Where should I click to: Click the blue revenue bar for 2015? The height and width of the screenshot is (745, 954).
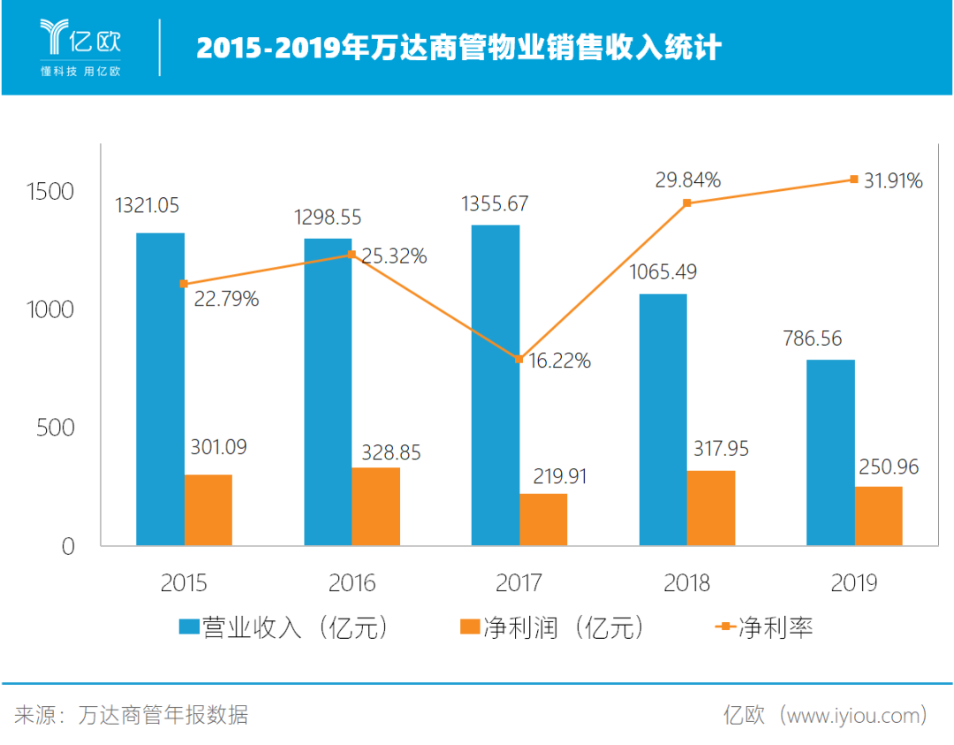click(x=160, y=389)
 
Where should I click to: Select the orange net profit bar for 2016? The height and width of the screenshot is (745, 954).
click(x=375, y=506)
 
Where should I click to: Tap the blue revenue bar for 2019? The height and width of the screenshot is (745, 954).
click(x=830, y=452)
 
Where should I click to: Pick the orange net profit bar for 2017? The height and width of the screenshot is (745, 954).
click(x=543, y=520)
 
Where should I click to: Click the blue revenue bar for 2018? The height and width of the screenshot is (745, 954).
click(x=662, y=419)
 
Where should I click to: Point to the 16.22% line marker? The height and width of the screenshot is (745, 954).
click(x=519, y=359)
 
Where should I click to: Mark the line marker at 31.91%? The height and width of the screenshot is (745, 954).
click(x=853, y=179)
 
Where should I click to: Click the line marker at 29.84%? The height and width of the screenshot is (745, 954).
click(x=686, y=203)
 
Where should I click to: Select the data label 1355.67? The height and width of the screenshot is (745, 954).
click(x=495, y=204)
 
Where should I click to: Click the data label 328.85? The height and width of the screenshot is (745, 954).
click(x=391, y=453)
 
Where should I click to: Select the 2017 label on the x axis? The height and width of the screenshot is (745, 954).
click(x=519, y=583)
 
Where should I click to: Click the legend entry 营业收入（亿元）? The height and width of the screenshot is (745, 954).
click(x=284, y=627)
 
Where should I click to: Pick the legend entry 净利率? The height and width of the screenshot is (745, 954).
click(x=764, y=627)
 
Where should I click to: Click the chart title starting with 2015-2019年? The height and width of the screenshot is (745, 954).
click(x=458, y=48)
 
